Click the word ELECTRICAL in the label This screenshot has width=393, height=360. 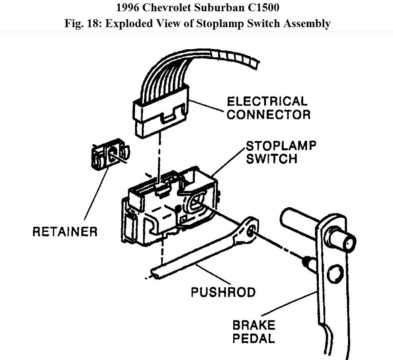coord(267,101)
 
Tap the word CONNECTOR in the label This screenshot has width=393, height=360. coord(268,115)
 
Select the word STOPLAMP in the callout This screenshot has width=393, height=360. coord(281,146)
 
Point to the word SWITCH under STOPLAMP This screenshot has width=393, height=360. coord(272,159)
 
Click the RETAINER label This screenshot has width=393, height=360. coord(65,231)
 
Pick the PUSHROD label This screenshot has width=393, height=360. coord(223,292)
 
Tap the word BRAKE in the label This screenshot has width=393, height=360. coord(254,325)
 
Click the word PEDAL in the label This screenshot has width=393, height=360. coord(254,338)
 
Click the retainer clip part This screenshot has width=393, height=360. coord(109,156)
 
